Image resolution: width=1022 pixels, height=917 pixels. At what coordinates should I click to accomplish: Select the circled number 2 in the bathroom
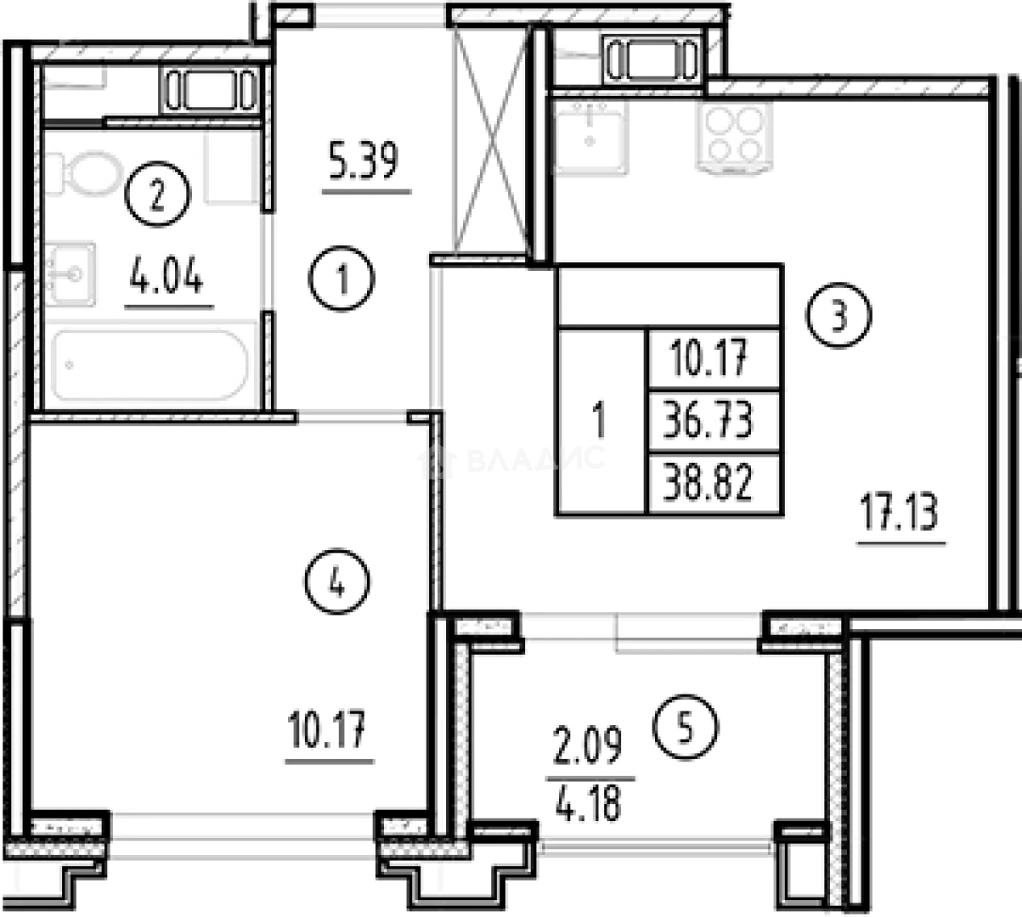pyautogui.click(x=157, y=194)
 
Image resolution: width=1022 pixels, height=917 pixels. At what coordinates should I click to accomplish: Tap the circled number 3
pyautogui.click(x=838, y=314)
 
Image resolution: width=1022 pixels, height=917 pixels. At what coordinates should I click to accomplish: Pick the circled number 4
pyautogui.click(x=337, y=582)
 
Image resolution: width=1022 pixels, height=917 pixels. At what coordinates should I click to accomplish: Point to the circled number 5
pyautogui.click(x=685, y=728)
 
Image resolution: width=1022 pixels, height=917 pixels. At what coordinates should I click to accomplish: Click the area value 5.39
pyautogui.click(x=364, y=160)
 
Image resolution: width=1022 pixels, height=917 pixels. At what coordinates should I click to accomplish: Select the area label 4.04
pyautogui.click(x=167, y=275)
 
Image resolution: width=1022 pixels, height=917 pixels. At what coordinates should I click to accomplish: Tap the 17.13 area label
pyautogui.click(x=899, y=512)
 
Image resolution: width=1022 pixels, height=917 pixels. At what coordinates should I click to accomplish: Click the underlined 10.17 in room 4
pyautogui.click(x=327, y=729)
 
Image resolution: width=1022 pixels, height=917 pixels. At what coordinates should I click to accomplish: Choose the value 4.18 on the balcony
pyautogui.click(x=588, y=806)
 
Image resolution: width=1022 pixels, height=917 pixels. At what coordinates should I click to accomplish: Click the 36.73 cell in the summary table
pyautogui.click(x=714, y=421)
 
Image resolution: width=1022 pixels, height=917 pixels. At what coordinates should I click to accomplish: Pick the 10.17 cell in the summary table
pyautogui.click(x=714, y=360)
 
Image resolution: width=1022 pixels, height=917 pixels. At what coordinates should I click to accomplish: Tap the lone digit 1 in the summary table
pyautogui.click(x=600, y=421)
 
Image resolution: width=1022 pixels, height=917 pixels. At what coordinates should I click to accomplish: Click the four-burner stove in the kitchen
pyautogui.click(x=735, y=138)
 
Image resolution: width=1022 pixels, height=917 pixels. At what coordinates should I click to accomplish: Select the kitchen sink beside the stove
pyautogui.click(x=590, y=136)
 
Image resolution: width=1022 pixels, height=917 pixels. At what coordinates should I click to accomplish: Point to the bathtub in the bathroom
pyautogui.click(x=150, y=365)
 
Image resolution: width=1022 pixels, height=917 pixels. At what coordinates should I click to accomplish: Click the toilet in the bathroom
pyautogui.click(x=84, y=173)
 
